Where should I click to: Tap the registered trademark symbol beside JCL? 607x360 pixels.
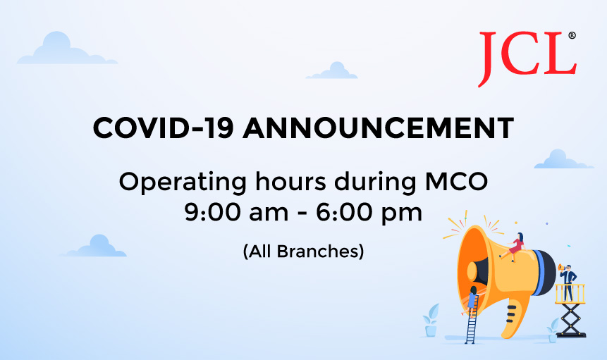(x=572, y=35)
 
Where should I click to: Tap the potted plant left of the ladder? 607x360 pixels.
(x=430, y=321)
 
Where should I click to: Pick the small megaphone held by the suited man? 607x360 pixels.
(x=559, y=268)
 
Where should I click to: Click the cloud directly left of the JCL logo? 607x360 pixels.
(x=331, y=71)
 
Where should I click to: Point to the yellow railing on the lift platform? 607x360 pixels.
(x=570, y=293)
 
